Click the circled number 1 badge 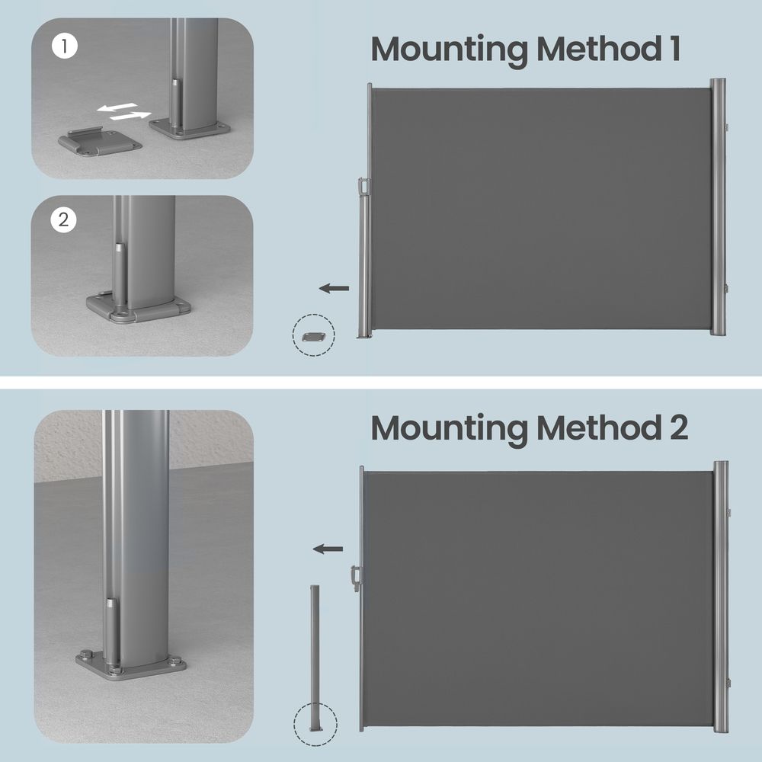pyautogui.click(x=64, y=46)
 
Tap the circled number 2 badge pyautogui.click(x=64, y=219)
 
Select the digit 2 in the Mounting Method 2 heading pyautogui.click(x=679, y=427)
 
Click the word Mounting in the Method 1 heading pyautogui.click(x=449, y=51)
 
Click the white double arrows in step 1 pyautogui.click(x=124, y=111)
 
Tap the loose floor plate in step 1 pyautogui.click(x=100, y=142)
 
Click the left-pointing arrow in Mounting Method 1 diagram pyautogui.click(x=334, y=288)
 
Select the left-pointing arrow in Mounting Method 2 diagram pyautogui.click(x=328, y=549)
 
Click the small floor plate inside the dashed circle pyautogui.click(x=313, y=336)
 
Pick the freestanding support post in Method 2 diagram pyautogui.click(x=315, y=658)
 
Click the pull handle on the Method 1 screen pyautogui.click(x=363, y=187)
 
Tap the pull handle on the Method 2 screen pyautogui.click(x=356, y=578)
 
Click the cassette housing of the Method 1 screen pyautogui.click(x=718, y=207)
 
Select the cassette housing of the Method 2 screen pyautogui.click(x=721, y=597)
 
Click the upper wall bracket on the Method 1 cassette pyautogui.click(x=726, y=127)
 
